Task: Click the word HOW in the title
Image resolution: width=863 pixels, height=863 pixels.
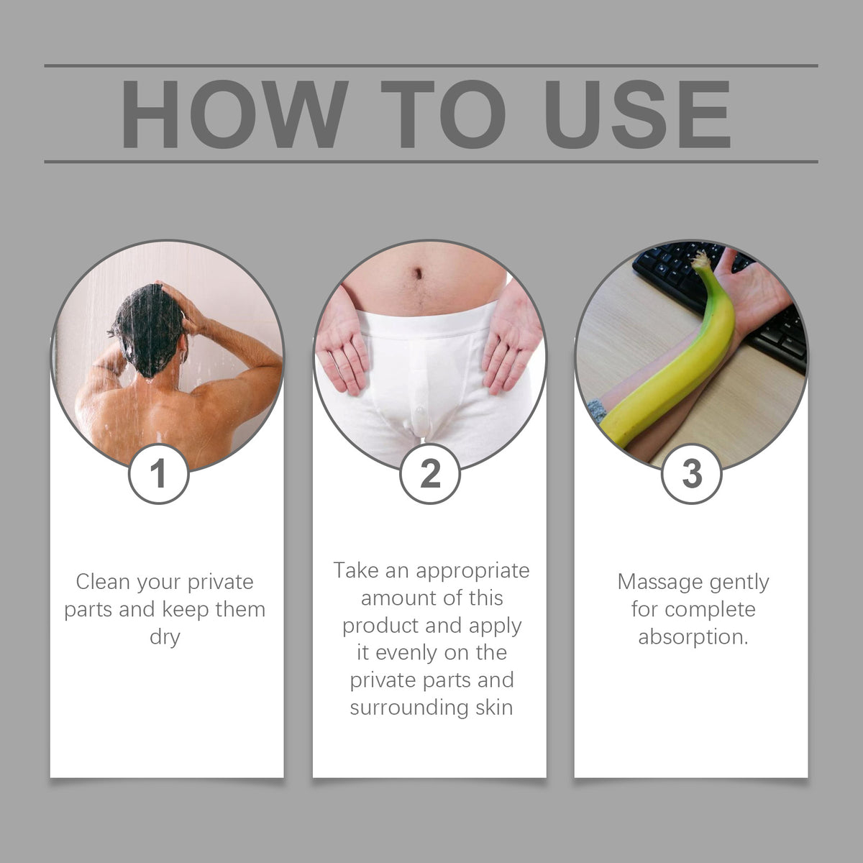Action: (234, 114)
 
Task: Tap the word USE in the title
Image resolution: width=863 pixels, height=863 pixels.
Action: (638, 114)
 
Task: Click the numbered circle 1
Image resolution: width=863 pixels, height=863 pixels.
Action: (158, 474)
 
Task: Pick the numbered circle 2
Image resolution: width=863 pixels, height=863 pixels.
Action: (430, 474)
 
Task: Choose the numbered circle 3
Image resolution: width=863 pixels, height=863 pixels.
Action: (692, 474)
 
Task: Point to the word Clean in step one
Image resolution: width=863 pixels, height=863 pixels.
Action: (103, 582)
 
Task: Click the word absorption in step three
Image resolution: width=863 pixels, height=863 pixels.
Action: (693, 637)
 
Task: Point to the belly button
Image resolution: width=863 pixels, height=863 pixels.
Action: (419, 273)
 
